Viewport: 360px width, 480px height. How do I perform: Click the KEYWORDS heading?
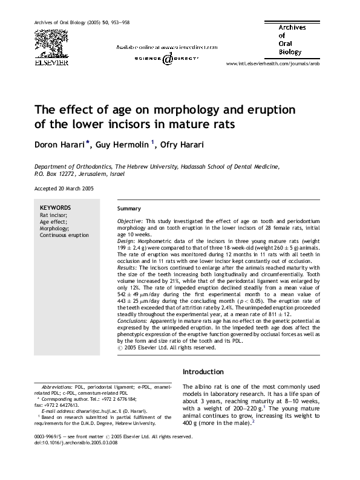point(55,207)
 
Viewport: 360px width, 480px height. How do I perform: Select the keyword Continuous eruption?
point(64,235)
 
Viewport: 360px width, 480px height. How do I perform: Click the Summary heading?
point(129,208)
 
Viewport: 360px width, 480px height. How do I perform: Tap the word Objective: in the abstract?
point(130,222)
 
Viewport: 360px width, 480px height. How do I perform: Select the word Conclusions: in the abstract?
point(133,322)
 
